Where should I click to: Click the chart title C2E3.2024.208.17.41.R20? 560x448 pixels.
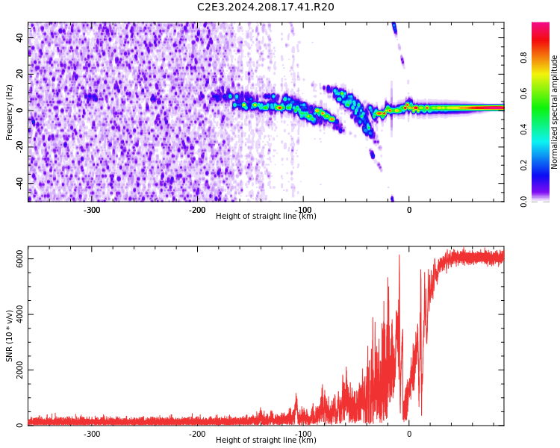coord(266,7)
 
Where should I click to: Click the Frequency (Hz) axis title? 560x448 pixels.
coord(10,112)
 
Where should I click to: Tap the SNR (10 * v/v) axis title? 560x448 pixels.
coord(10,336)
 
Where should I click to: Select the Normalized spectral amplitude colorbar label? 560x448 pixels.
coord(555,112)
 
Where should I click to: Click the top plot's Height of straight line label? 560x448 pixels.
coord(266,216)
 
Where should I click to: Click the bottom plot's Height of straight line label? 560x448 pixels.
coord(266,440)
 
